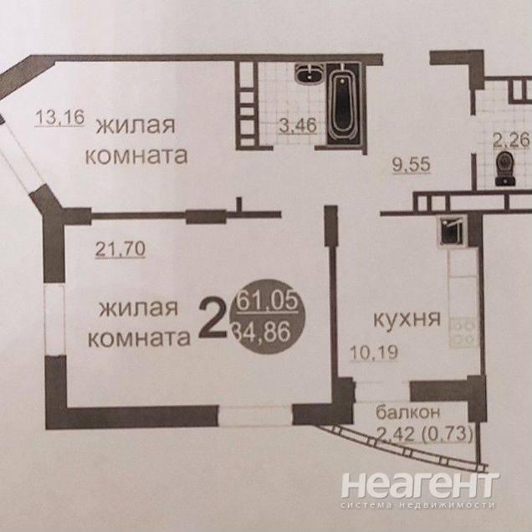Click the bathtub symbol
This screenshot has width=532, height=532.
(341, 105)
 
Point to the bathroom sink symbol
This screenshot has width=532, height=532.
(305, 76)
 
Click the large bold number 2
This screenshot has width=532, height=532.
(213, 320)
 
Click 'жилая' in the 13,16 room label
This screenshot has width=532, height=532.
(136, 126)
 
